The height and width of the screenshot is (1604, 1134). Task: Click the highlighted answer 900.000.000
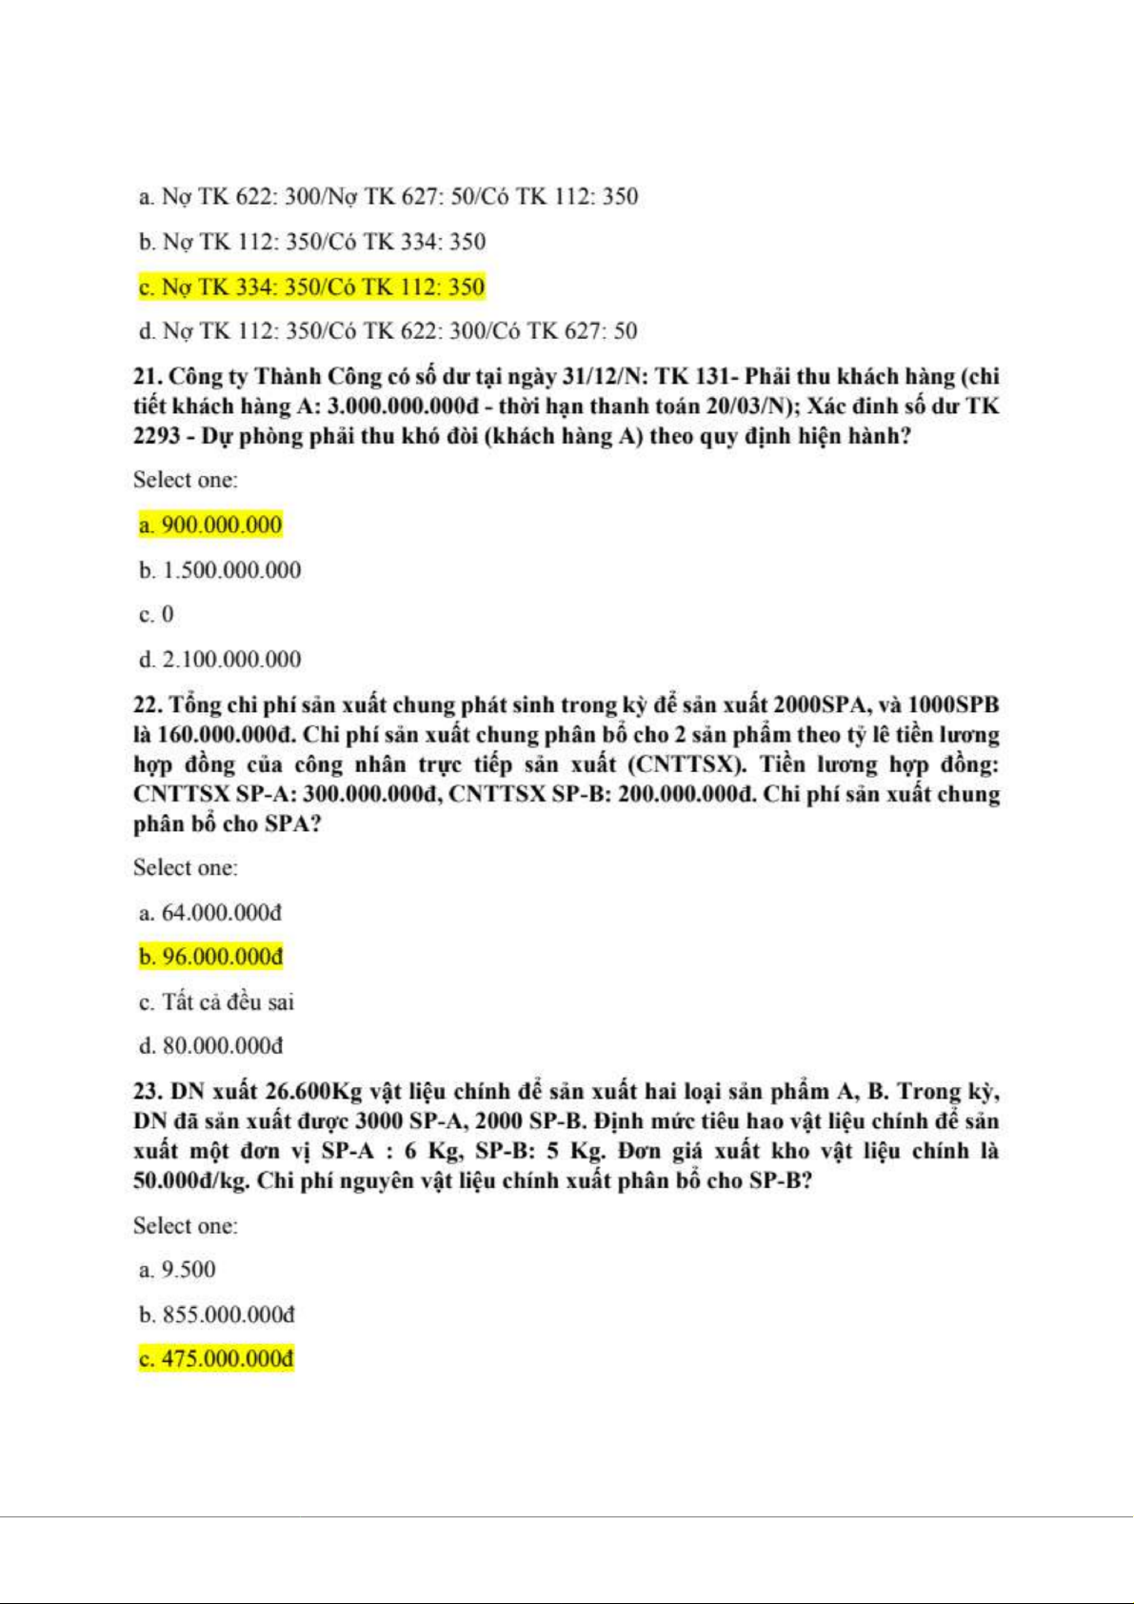pos(210,525)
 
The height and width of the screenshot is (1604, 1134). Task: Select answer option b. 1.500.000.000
pos(220,570)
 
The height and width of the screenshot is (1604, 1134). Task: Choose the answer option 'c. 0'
pos(157,615)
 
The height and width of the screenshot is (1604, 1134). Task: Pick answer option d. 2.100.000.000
pos(220,660)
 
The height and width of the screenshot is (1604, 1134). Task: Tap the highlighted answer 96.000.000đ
pos(210,957)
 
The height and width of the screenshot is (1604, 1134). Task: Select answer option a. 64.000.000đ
pos(210,913)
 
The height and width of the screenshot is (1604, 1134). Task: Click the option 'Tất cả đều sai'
pos(228,1001)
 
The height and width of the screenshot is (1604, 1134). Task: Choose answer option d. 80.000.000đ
pos(210,1046)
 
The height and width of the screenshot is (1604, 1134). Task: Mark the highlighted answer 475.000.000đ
pos(216,1358)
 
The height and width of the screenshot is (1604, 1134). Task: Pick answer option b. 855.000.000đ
pos(216,1315)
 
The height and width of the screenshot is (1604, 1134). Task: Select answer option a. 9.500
pos(178,1270)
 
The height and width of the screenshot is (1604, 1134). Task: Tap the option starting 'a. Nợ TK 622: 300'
pos(388,197)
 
